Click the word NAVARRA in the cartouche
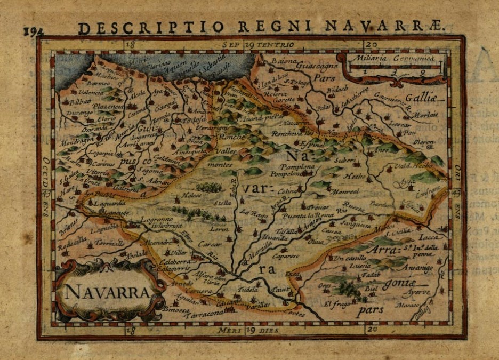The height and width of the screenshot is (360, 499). (107, 292)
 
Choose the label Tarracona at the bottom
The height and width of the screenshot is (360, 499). (202, 315)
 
